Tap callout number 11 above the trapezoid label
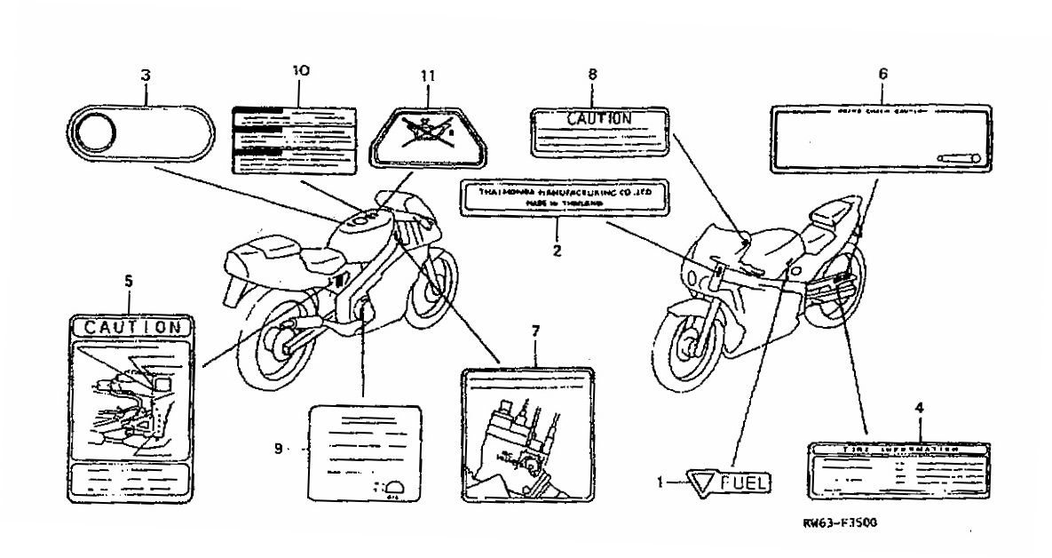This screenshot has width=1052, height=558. (429, 76)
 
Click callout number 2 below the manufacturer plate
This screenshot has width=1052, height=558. (557, 251)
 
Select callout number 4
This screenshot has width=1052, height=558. (919, 408)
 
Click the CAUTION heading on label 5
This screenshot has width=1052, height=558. (131, 327)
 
